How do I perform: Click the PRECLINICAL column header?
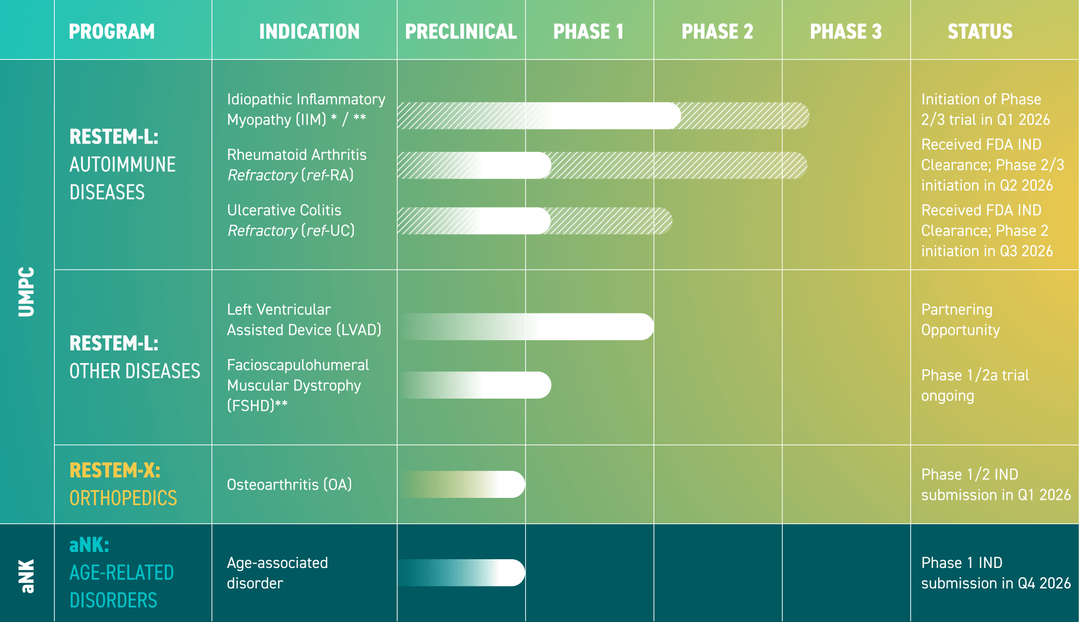click(460, 32)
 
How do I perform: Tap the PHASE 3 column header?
click(846, 32)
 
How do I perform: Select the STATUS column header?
click(980, 32)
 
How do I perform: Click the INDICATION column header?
click(309, 32)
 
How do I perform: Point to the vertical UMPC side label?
click(27, 292)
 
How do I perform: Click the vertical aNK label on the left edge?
click(27, 576)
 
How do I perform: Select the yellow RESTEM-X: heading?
click(115, 471)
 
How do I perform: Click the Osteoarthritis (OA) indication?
click(289, 485)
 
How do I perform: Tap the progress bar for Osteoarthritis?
click(462, 484)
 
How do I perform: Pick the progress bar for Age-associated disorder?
click(462, 572)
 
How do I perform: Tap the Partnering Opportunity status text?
click(960, 320)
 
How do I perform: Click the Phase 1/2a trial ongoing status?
click(974, 385)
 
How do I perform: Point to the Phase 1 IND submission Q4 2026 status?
click(995, 573)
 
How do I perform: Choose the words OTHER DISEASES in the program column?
click(135, 371)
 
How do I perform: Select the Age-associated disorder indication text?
click(277, 573)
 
